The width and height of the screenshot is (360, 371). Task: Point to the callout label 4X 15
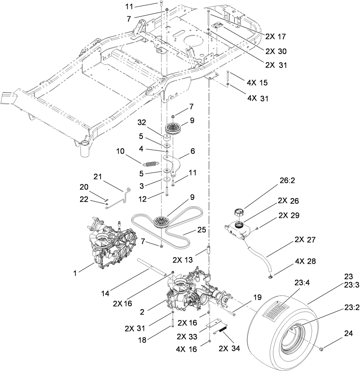(x=257, y=83)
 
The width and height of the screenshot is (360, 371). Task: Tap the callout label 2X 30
(x=276, y=51)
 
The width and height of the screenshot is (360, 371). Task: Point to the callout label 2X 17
(x=276, y=36)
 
